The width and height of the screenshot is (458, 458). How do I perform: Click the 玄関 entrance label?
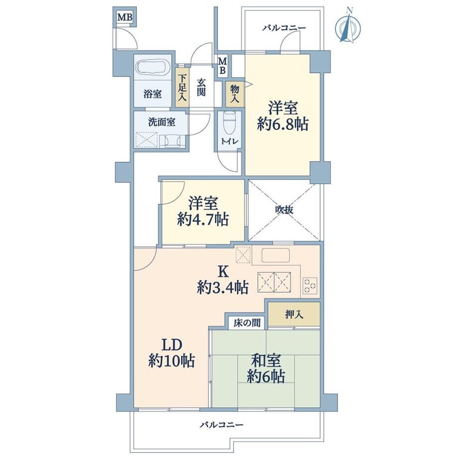(x=201, y=87)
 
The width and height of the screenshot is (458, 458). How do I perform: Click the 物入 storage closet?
(x=235, y=94)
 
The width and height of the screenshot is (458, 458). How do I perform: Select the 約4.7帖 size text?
(x=203, y=219)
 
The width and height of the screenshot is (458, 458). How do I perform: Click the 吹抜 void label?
(x=284, y=210)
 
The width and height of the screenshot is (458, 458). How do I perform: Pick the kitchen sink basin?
(x=275, y=255)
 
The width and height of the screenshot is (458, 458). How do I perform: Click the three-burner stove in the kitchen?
(x=310, y=285)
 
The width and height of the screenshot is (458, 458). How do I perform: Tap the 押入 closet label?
(x=294, y=315)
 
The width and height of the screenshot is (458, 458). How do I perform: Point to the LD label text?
(x=172, y=345)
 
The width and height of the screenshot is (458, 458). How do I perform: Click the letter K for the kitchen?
(x=224, y=272)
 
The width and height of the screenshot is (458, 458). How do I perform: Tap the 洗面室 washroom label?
(x=161, y=122)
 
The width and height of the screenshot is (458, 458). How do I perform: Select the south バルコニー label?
(x=222, y=425)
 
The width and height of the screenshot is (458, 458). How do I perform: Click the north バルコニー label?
(x=284, y=28)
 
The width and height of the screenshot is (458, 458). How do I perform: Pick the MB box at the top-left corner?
(x=125, y=17)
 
